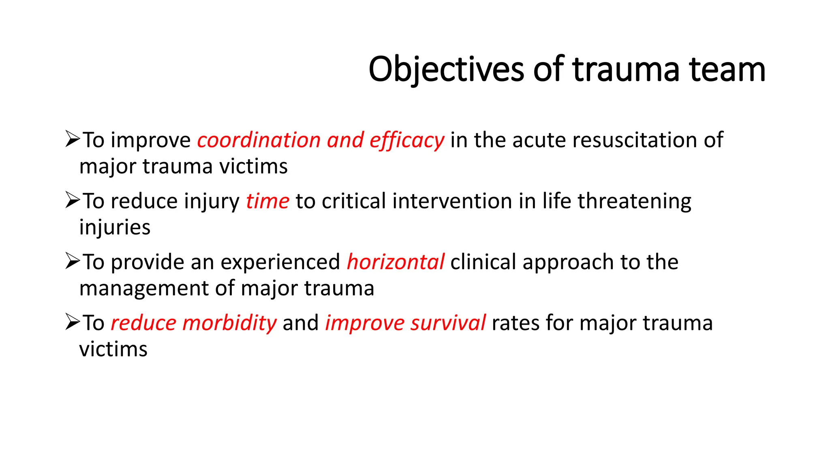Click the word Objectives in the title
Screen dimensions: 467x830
[x=446, y=69]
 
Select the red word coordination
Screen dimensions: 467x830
[x=259, y=140]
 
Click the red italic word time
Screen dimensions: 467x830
[x=267, y=201]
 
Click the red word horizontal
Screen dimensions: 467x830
[x=396, y=262]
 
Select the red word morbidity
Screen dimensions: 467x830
[x=229, y=323]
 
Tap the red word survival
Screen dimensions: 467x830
[x=448, y=323]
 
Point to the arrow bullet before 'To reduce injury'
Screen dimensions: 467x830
[x=73, y=200]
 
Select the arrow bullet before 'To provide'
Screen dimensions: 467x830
[x=73, y=261]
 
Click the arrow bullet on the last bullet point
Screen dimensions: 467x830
[x=73, y=322]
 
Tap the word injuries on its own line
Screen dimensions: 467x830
[x=115, y=227]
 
